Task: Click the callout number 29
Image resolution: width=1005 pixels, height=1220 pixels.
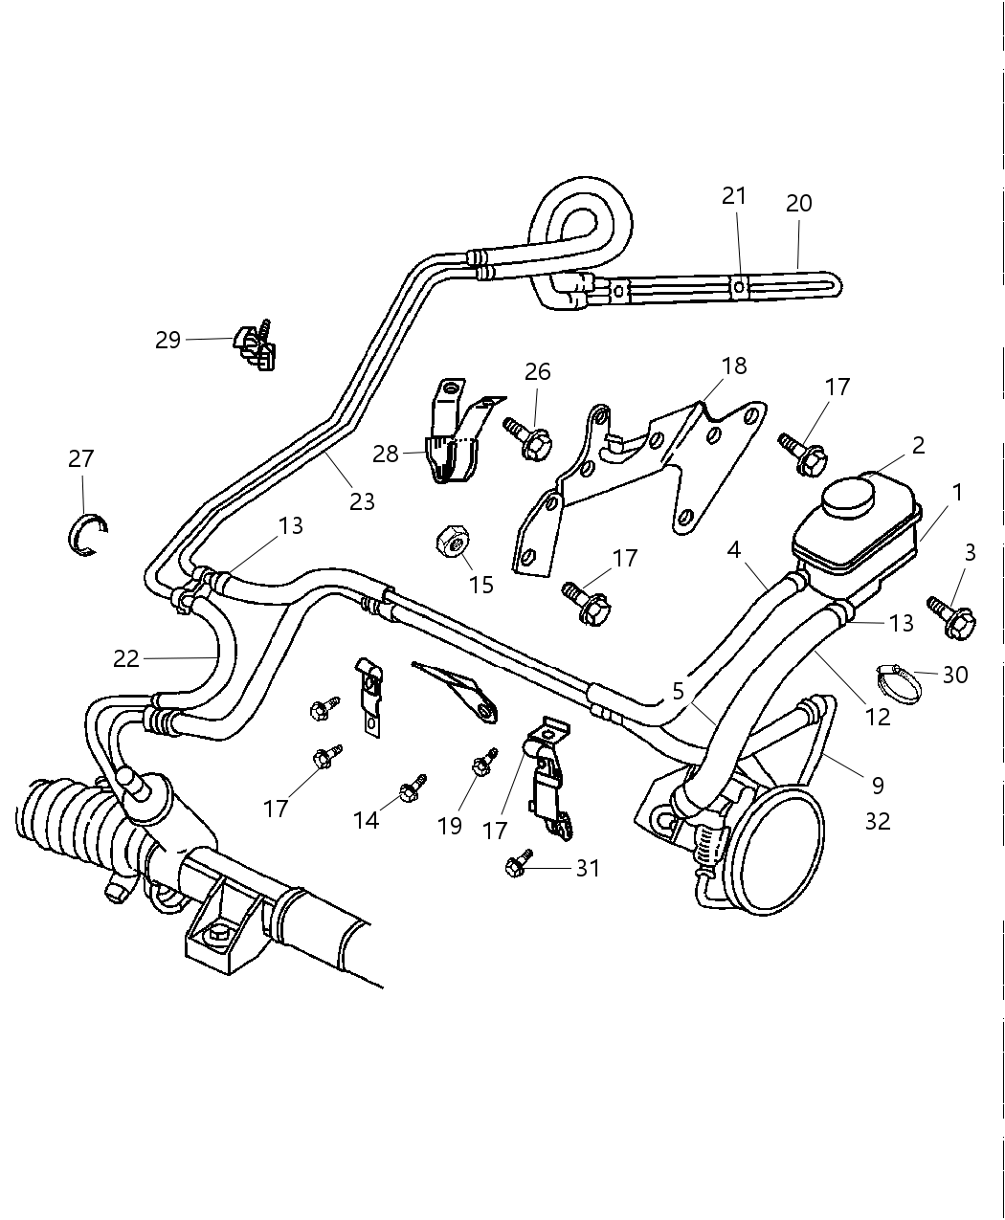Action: (168, 340)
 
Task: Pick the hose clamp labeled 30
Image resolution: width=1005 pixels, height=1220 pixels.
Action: (899, 682)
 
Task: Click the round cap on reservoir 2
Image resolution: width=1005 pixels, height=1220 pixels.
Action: (848, 495)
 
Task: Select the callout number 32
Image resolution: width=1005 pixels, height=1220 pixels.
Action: (877, 821)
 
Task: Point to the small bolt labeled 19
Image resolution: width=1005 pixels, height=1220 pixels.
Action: (482, 763)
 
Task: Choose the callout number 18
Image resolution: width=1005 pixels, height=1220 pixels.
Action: (734, 366)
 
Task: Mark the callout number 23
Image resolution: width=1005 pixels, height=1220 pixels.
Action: (362, 500)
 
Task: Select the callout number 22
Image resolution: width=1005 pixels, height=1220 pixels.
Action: (126, 658)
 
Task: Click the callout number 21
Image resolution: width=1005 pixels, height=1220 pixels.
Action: (734, 195)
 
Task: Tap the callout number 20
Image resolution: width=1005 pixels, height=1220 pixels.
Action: (798, 203)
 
